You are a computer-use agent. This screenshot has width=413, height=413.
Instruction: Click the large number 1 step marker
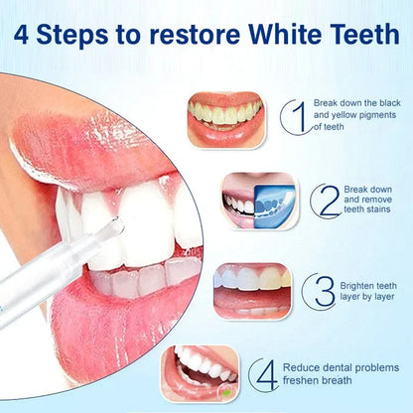[x=292, y=118]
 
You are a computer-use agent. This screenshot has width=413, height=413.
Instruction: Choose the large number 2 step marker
[x=324, y=200]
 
